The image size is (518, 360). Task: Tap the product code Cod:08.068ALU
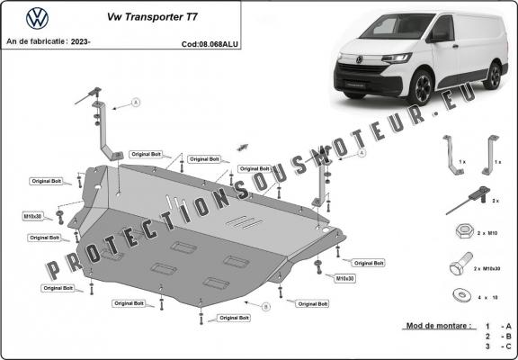click(209, 42)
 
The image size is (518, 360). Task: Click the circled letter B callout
click(265, 307)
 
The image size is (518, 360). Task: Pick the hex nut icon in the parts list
click(461, 230)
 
